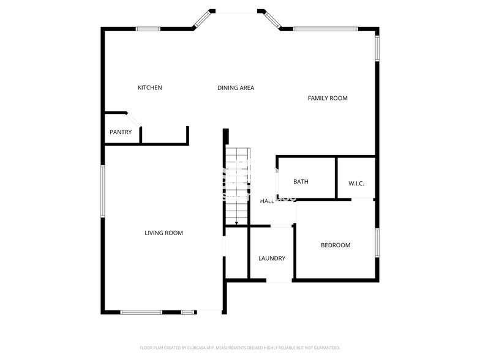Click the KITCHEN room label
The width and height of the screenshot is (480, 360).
[149, 88]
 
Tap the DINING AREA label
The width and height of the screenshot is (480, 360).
[236, 88]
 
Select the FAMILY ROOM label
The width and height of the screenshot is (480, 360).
[328, 98]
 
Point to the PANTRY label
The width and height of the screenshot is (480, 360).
[121, 132]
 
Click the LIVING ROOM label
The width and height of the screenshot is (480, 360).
[163, 233]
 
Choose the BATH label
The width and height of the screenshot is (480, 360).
[301, 182]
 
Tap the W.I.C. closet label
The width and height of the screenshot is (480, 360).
[356, 184]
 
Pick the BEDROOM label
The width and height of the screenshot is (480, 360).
[336, 246]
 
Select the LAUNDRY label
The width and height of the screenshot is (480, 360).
[271, 258]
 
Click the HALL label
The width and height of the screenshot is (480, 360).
[267, 201]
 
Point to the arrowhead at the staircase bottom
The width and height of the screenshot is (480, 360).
[236, 223]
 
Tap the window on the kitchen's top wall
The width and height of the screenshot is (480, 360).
[148, 28]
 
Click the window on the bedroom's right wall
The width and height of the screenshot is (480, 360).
[377, 246]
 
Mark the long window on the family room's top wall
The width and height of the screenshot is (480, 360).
[325, 28]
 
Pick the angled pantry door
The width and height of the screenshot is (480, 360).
[133, 119]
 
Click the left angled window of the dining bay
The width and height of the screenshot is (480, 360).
[201, 20]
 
